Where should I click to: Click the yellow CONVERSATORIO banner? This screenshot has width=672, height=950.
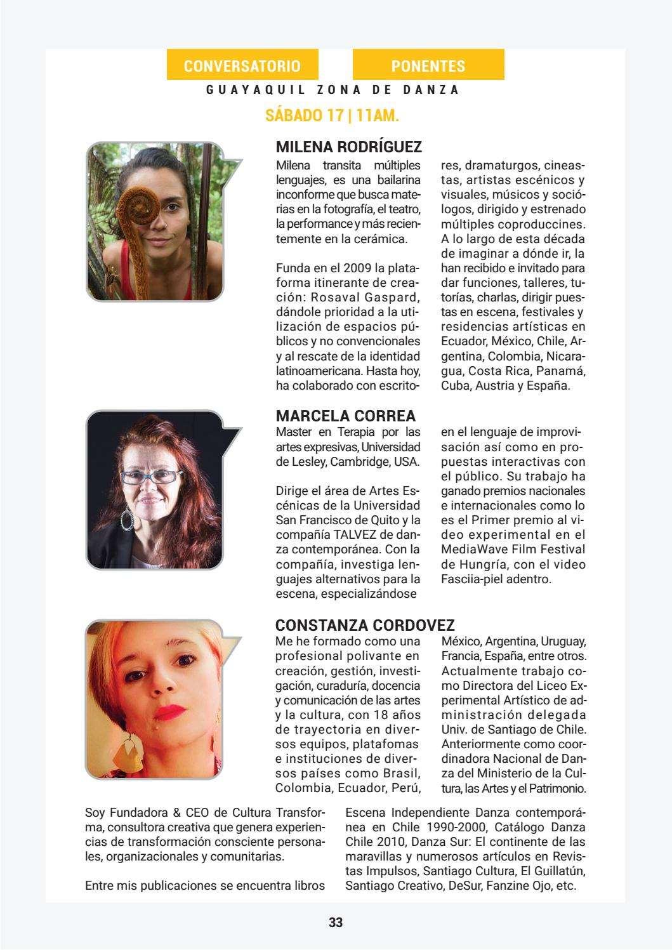[242, 65]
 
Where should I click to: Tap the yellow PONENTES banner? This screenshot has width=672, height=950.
[428, 65]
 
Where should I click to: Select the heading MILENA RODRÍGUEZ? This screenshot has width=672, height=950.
[348, 147]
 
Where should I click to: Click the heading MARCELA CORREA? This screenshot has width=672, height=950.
[346, 416]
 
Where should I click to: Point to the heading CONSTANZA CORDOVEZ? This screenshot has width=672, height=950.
[366, 625]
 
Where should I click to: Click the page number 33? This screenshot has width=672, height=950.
[336, 922]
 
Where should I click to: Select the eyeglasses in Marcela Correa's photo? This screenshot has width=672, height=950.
[148, 476]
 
